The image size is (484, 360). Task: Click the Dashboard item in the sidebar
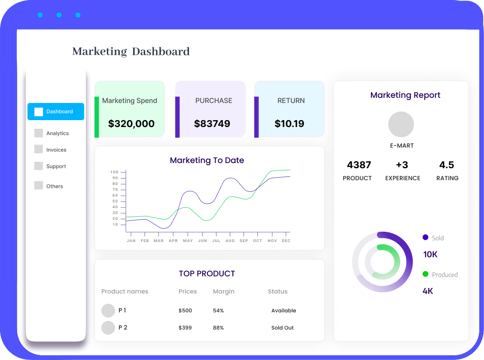click(x=56, y=112)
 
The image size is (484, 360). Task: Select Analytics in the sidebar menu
click(x=58, y=133)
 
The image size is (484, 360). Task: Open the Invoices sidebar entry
click(x=56, y=150)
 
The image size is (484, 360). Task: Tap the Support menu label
click(x=56, y=166)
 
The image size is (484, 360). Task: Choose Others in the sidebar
click(x=55, y=186)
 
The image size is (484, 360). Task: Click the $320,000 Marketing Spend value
click(x=131, y=124)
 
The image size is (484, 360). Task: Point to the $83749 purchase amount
click(x=212, y=124)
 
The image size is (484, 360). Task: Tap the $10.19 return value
click(x=289, y=124)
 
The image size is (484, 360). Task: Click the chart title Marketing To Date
click(x=207, y=160)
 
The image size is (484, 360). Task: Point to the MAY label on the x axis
click(x=188, y=241)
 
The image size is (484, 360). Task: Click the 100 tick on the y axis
click(x=114, y=172)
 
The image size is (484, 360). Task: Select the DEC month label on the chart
click(x=286, y=241)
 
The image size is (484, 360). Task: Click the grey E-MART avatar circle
click(x=401, y=125)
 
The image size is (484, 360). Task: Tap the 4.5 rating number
click(x=447, y=165)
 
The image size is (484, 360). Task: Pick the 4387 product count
click(x=359, y=165)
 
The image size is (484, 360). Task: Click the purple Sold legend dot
click(x=426, y=237)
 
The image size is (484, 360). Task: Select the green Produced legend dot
click(x=426, y=274)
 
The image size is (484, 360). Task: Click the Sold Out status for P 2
click(x=283, y=328)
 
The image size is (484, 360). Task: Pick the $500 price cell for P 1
click(x=186, y=311)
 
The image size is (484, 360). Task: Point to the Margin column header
click(x=224, y=291)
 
